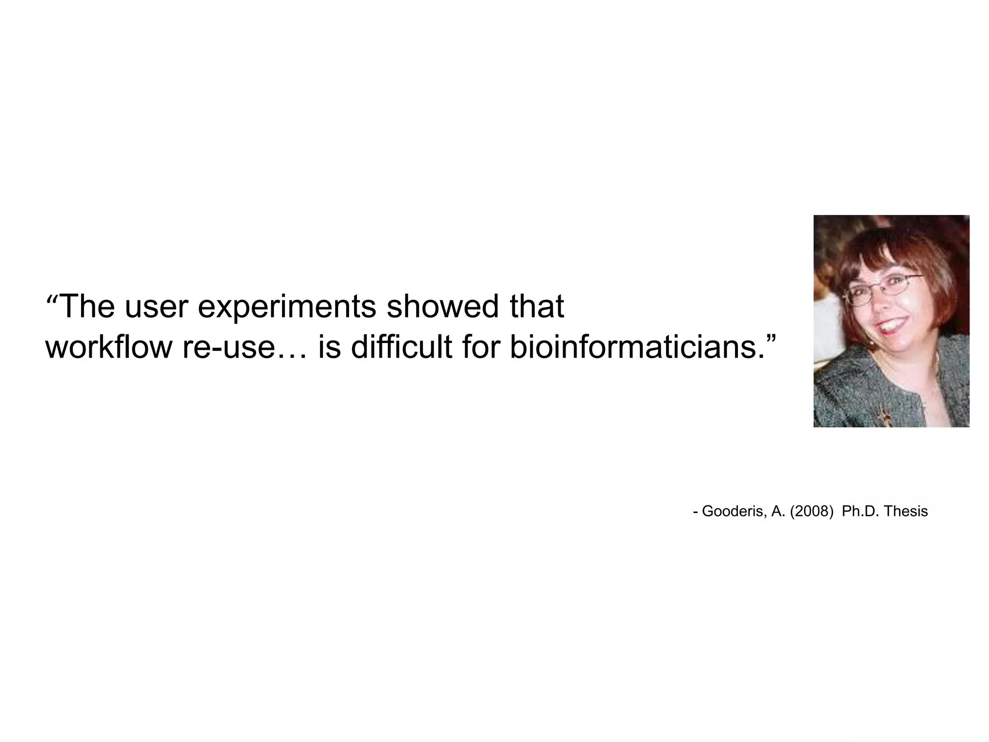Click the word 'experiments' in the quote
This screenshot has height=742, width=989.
(x=286, y=306)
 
